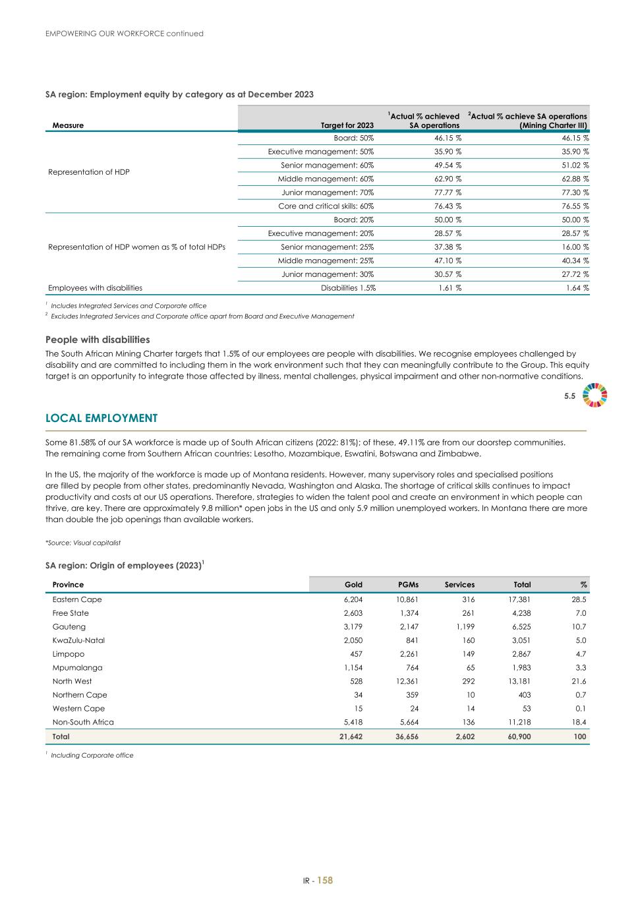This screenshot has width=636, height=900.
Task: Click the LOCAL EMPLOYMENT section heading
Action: point(101,419)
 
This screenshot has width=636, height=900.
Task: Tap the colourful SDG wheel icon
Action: point(595,396)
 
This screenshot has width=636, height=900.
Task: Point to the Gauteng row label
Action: point(69,626)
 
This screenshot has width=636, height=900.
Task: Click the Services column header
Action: point(459,584)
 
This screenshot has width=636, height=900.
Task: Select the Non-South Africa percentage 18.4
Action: point(579,722)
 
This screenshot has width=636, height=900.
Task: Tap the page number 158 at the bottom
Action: point(325,880)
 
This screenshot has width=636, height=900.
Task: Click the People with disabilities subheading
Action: point(98,340)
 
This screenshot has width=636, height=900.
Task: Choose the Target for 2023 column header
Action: point(347,125)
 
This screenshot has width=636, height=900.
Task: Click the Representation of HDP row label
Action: point(89,172)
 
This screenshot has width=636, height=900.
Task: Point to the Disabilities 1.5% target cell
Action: point(348,287)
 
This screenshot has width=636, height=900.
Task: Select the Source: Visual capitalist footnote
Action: point(83,543)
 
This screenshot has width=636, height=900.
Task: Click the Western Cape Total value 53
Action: point(525,708)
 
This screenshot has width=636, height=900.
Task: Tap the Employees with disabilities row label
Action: point(95,287)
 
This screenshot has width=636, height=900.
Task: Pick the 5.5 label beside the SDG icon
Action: point(569,396)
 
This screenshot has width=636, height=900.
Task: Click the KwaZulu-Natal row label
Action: point(78,640)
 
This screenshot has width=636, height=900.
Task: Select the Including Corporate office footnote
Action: point(92,756)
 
